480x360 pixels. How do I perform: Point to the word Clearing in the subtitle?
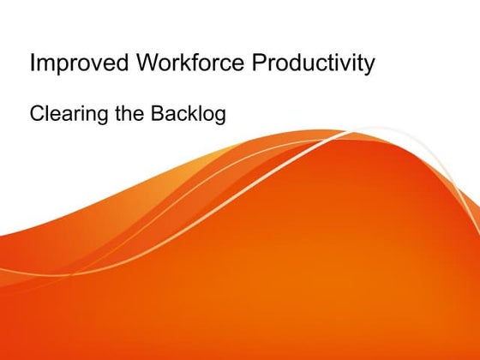pyautogui.click(x=65, y=113)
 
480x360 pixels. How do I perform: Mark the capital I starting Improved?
pyautogui.click(x=33, y=64)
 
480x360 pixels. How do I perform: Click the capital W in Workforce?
pyautogui.click(x=136, y=64)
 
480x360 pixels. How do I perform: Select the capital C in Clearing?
pyautogui.click(x=37, y=113)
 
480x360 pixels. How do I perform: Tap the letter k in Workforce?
pyautogui.click(x=171, y=64)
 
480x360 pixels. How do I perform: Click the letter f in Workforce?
pyautogui.click(x=182, y=64)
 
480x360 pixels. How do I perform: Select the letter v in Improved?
pyautogui.click(x=90, y=66)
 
